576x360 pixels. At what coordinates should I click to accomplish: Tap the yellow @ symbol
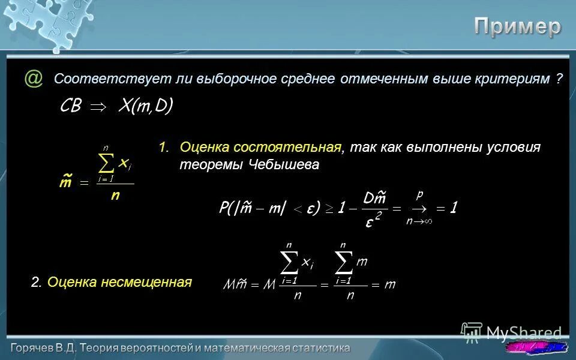pyautogui.click(x=34, y=79)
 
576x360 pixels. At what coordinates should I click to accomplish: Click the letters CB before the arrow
pyautogui.click(x=71, y=107)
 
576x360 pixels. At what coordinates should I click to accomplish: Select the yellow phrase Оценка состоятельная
pyautogui.click(x=260, y=148)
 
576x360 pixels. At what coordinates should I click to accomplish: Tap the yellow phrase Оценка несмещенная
pyautogui.click(x=119, y=282)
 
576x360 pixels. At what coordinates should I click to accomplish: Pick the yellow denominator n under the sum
pyautogui.click(x=115, y=196)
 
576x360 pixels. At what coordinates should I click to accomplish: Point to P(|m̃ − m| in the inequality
pyautogui.click(x=252, y=208)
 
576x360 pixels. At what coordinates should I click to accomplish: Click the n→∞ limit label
pyautogui.click(x=419, y=221)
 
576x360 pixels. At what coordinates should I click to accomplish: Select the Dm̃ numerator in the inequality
pyautogui.click(x=374, y=197)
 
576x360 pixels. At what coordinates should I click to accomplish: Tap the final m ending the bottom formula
pyautogui.click(x=390, y=284)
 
